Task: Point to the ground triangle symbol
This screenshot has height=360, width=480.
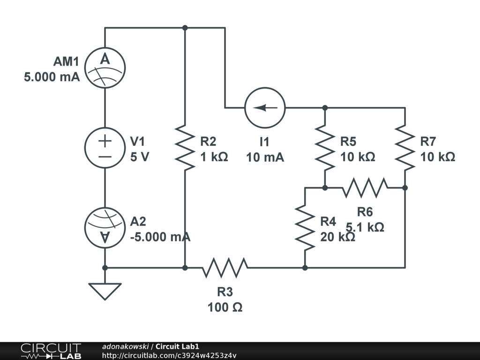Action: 105,292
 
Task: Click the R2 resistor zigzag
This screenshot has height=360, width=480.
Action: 185,148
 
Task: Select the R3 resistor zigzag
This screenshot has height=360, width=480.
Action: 225,268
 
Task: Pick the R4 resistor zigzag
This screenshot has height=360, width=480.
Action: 305,228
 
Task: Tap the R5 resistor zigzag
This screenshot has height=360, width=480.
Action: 325,148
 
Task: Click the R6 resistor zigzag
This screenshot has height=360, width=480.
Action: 365,187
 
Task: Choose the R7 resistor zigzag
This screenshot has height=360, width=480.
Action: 405,148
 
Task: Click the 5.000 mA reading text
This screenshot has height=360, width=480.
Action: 52,77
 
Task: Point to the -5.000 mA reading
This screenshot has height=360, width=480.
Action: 160,237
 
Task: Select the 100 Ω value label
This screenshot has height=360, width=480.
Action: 225,307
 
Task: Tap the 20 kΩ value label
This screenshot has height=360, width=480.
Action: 337,237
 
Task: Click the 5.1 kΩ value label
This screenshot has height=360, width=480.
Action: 365,227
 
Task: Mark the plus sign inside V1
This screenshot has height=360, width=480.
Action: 105,141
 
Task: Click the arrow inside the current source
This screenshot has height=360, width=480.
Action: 265,108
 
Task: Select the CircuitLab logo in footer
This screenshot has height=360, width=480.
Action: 51,351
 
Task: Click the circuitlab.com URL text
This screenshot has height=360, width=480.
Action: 169,355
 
